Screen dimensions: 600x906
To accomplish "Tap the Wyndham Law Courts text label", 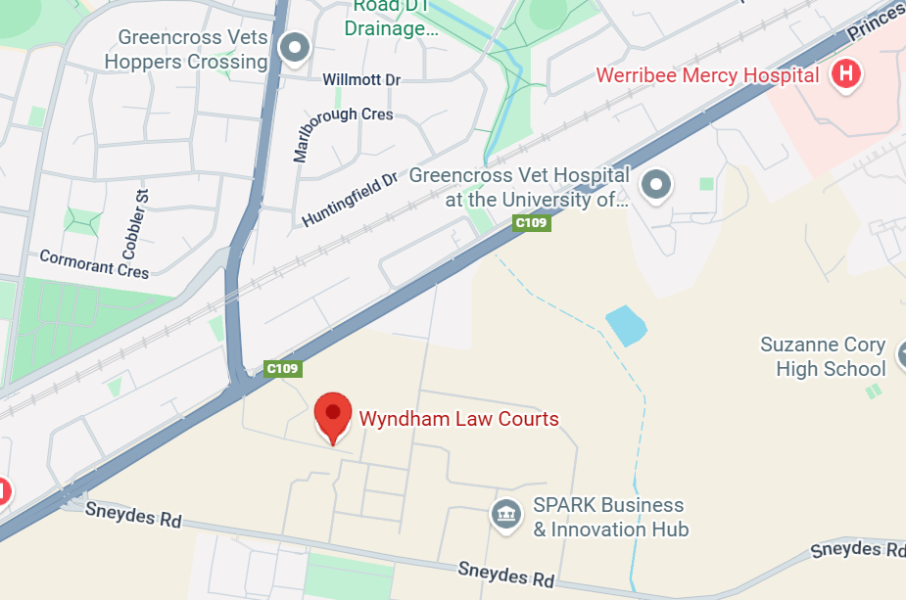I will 458,419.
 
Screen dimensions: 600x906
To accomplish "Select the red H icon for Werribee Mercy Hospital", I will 845,73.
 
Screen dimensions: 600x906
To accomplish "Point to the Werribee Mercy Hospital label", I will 707,75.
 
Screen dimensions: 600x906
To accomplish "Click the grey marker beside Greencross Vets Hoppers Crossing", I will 294,47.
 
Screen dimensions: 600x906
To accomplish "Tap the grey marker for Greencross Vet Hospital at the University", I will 656,183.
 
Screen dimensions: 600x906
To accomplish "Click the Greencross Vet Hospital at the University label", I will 519,188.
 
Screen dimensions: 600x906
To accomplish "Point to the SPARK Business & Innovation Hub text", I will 609,517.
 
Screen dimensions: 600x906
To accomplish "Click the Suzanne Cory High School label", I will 823,356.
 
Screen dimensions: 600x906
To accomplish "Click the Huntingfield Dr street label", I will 350,199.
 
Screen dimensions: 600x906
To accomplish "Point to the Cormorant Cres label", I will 94,263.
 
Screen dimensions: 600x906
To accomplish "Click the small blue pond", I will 627,325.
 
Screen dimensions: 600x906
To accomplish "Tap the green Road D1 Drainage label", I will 391,19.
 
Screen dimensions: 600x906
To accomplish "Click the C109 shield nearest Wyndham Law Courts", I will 283,369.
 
